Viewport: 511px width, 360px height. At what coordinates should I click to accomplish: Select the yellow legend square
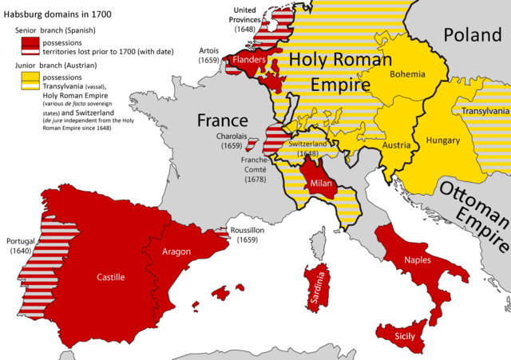click(x=31, y=80)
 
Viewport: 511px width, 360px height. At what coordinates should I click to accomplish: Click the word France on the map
click(x=223, y=121)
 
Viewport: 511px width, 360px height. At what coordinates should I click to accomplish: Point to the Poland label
click(x=472, y=34)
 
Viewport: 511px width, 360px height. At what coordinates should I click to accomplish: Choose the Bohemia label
click(x=408, y=74)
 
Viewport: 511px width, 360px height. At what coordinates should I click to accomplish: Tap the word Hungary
click(x=443, y=140)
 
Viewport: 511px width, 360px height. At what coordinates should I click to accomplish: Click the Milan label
click(x=317, y=184)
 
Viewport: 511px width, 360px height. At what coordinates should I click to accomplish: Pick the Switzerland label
click(x=299, y=144)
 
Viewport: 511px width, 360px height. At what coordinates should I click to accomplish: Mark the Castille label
click(x=110, y=277)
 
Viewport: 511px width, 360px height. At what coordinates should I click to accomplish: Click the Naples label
click(x=417, y=259)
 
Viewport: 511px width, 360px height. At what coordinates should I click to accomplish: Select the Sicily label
click(x=405, y=338)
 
